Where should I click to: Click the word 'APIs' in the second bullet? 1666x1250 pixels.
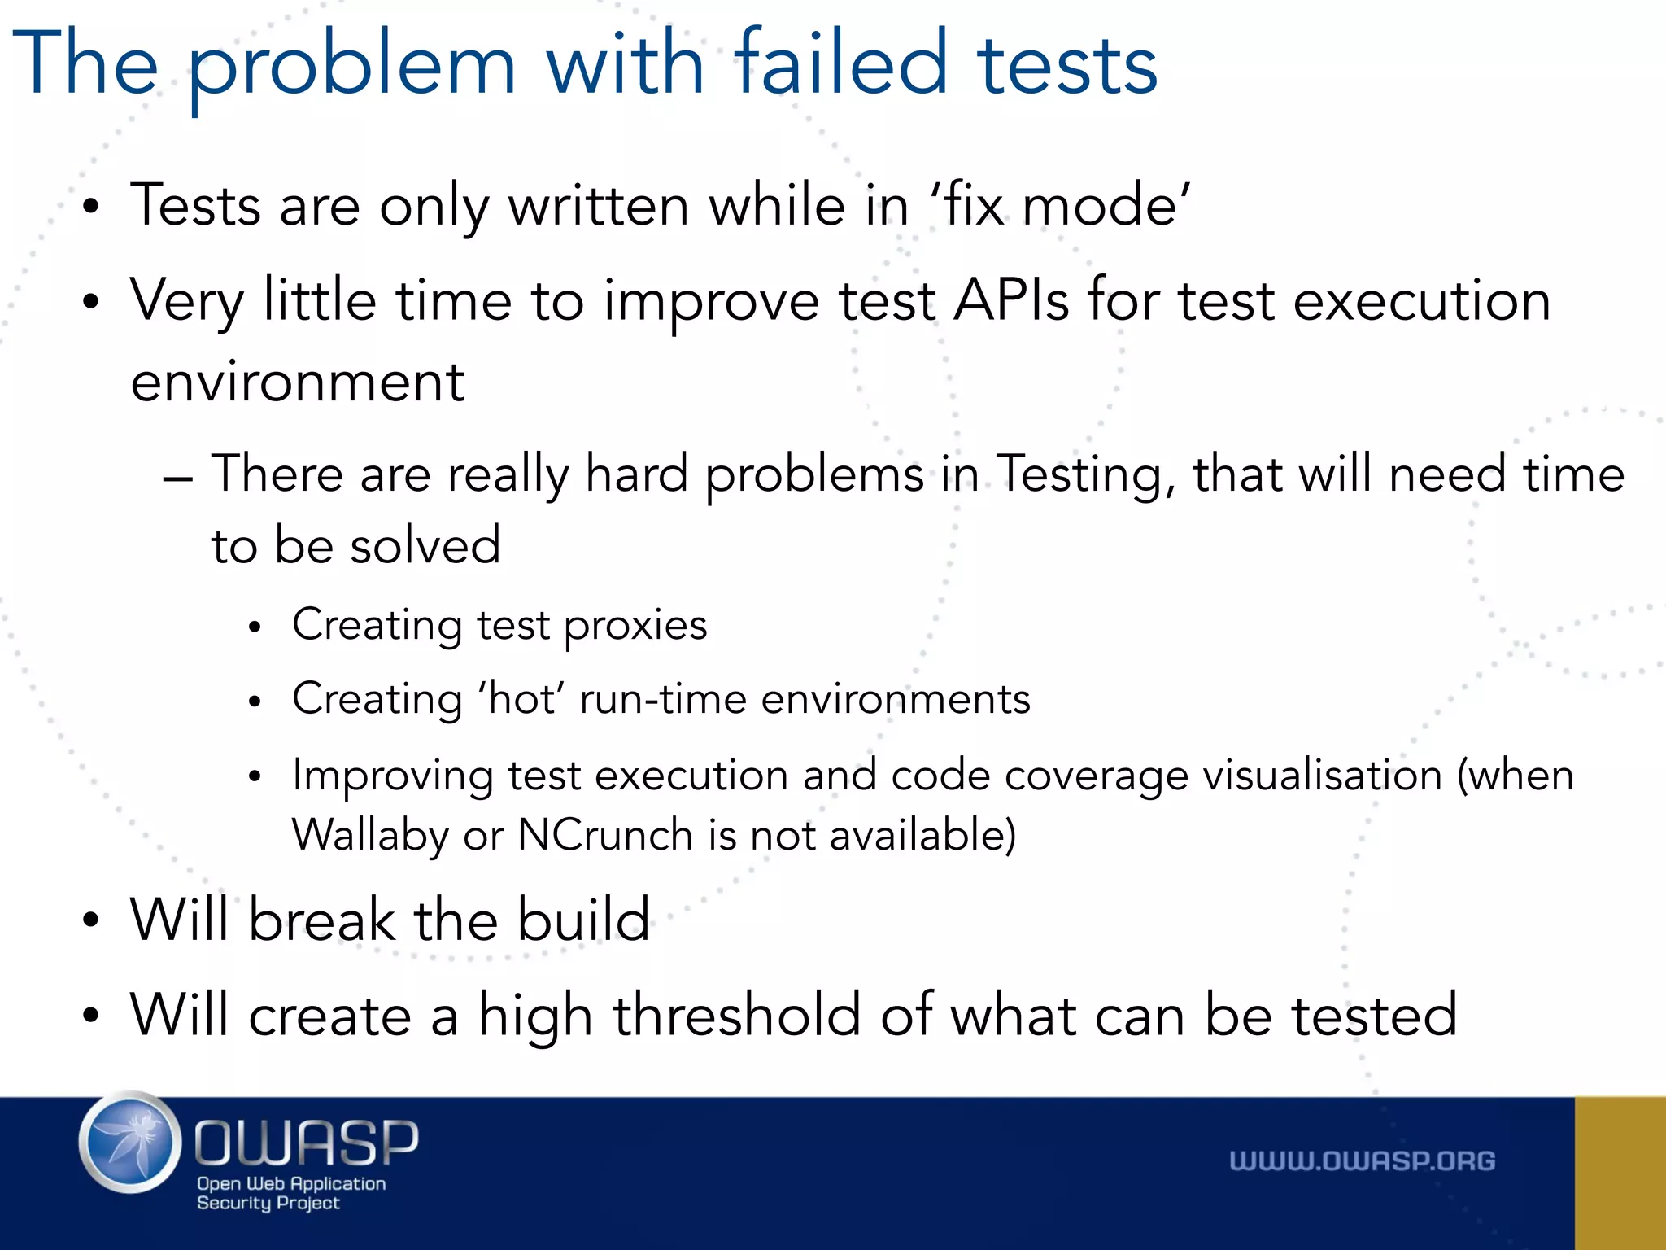[x=1011, y=300]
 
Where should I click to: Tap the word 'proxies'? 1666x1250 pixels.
[x=635, y=625]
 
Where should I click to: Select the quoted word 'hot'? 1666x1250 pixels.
[x=521, y=698]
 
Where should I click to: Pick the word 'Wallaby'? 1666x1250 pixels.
[x=369, y=836]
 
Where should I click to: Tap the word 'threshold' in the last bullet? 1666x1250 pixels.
[x=736, y=1015]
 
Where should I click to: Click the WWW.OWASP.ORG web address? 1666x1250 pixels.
[x=1362, y=1161]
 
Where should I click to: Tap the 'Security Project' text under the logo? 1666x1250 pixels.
[x=268, y=1203]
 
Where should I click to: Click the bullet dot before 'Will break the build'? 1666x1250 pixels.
[x=91, y=920]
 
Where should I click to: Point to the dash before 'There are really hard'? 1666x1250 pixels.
[x=177, y=478]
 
